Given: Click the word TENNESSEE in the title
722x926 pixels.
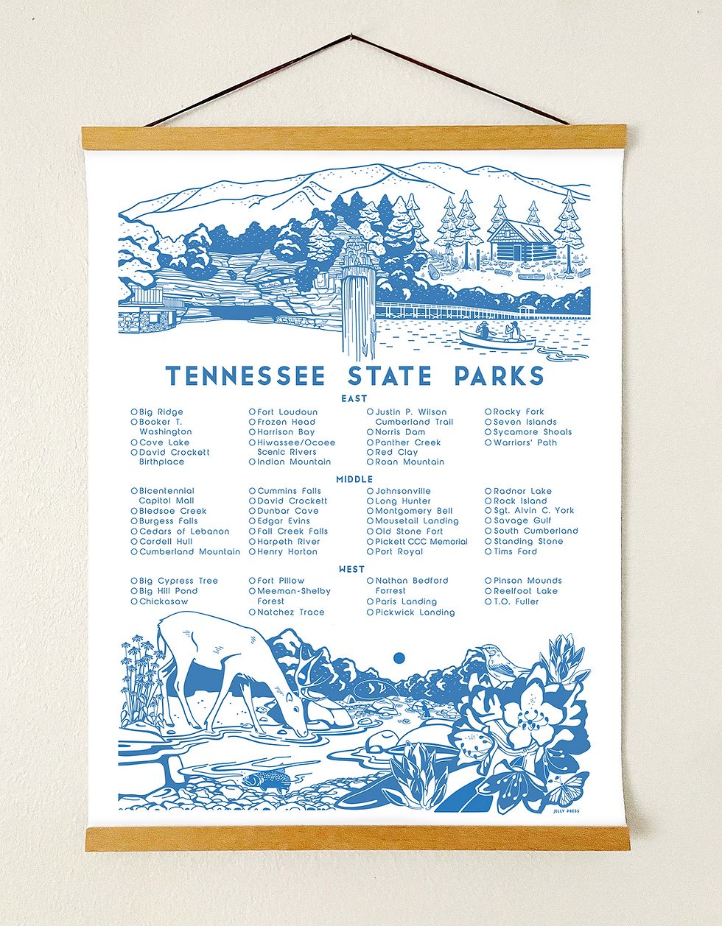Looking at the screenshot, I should [x=246, y=376].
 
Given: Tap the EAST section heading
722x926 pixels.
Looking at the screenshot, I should [x=354, y=398].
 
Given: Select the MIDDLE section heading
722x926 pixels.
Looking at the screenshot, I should [x=354, y=479].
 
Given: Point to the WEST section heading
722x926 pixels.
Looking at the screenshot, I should [x=351, y=569].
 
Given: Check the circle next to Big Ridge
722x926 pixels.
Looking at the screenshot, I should [x=134, y=412].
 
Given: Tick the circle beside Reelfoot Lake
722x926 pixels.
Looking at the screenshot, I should [x=488, y=591].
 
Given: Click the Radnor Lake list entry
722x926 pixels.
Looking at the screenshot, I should [x=522, y=491].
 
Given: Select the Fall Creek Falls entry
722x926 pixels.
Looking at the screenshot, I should [x=292, y=531].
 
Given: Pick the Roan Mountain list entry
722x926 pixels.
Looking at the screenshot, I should [x=410, y=462].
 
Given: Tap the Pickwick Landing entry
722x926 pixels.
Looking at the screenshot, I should [x=415, y=612].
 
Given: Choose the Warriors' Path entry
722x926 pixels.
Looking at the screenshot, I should [x=525, y=442].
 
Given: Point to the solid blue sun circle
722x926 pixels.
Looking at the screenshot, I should [x=399, y=657].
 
